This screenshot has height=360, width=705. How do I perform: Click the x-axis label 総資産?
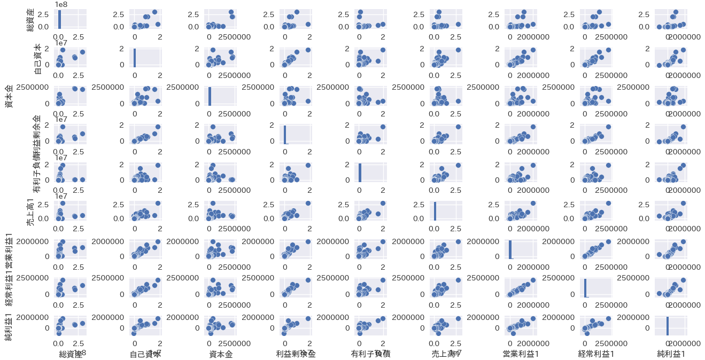pos(69,354)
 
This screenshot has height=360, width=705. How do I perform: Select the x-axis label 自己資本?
pos(145,354)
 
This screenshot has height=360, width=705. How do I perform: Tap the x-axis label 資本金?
pos(220,354)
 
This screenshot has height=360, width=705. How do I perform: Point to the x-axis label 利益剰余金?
pos(296,354)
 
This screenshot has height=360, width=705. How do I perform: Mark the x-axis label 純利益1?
pos(671,354)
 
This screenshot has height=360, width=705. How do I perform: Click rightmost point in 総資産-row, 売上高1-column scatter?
pos(458,24)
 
